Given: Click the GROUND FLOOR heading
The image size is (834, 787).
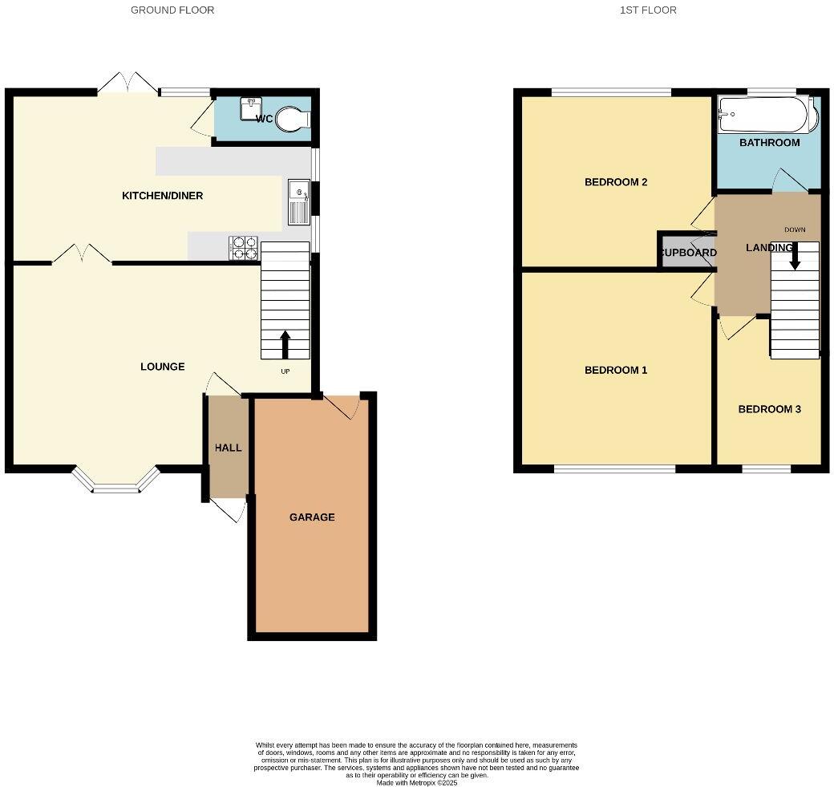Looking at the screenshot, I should [172, 10].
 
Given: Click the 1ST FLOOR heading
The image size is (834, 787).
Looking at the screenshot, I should [648, 10].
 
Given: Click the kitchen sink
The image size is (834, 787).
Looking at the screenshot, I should [298, 201].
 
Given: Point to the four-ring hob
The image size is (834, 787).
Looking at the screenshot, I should [244, 248].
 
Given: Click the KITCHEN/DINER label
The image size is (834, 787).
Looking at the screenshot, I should [162, 196].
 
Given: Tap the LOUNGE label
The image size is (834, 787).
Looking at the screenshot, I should [163, 367].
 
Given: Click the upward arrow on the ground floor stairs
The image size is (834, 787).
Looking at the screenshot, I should [285, 344].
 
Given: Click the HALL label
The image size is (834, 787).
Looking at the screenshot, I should [228, 448].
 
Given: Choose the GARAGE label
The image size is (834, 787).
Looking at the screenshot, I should [312, 517].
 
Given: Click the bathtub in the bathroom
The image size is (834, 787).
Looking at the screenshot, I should [766, 116].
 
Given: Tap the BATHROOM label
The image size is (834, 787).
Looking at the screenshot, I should [769, 143].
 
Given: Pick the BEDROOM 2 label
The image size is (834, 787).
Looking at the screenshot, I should [616, 182].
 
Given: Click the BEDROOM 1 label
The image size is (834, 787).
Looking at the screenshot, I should [616, 371].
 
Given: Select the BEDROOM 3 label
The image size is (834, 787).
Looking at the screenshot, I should [769, 409].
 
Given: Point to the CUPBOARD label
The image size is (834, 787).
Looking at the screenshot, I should [688, 253].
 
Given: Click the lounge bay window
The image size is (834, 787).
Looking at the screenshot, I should [116, 482].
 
